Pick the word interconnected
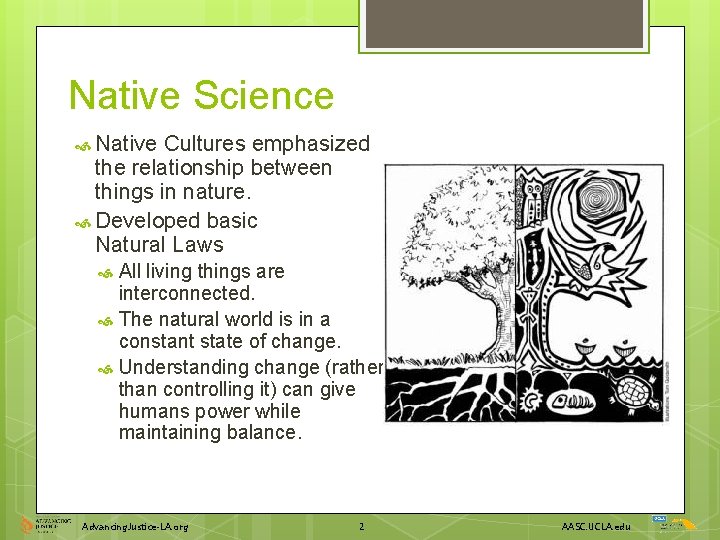(186, 293)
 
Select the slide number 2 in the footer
(362, 526)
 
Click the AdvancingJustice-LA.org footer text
(135, 526)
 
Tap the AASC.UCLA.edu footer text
(596, 526)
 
